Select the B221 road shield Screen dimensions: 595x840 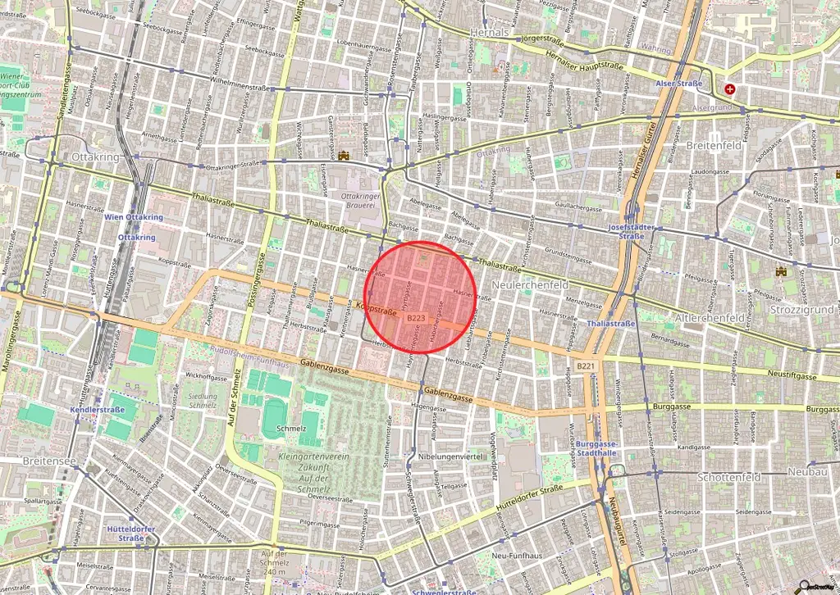coord(584,366)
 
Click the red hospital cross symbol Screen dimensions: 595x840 coord(729,89)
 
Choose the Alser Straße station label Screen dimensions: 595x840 coord(678,84)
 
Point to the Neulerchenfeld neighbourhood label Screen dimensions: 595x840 coord(530,284)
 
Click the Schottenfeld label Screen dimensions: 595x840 coord(730,476)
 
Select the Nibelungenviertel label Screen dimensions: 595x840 coord(453,456)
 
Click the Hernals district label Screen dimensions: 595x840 coord(490,32)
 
